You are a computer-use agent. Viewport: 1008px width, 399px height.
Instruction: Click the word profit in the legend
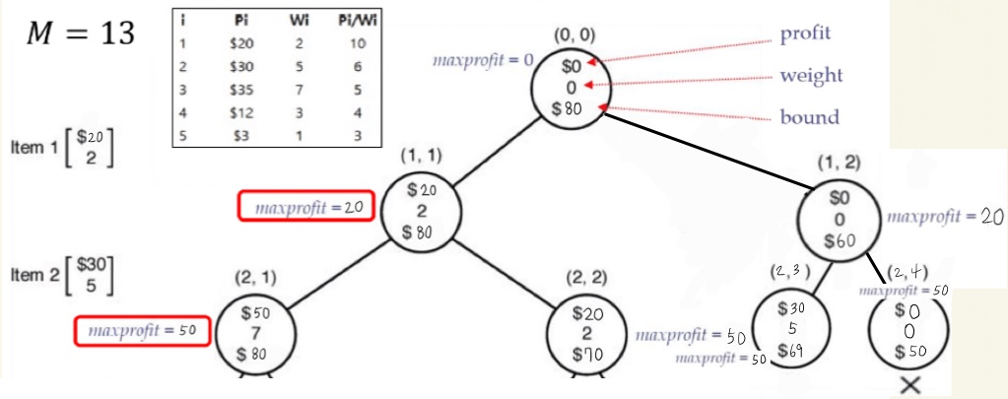805,33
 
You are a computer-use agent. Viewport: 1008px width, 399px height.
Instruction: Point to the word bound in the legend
810,117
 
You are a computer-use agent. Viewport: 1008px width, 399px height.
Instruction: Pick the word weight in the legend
811,76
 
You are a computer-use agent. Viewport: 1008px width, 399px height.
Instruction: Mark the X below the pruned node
909,385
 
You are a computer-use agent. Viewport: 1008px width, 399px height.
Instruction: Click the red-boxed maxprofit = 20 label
305,207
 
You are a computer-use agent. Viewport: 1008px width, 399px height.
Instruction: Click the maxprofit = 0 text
483,61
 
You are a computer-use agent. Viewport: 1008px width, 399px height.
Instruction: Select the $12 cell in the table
241,113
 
